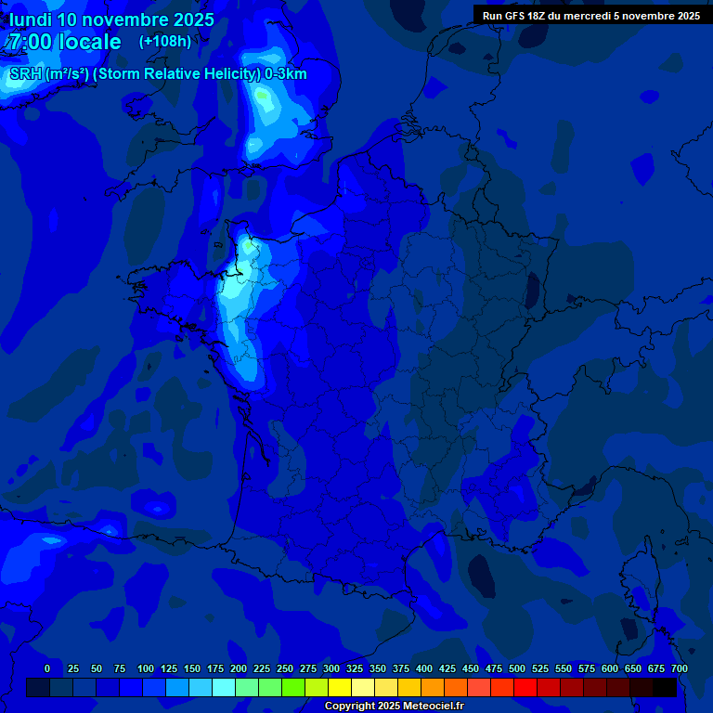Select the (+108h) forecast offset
[x=164, y=42]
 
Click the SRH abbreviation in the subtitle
[x=26, y=74]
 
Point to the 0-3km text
[x=285, y=74]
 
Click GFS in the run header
[x=515, y=16]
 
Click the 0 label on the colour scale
[x=47, y=668]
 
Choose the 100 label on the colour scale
[x=146, y=668]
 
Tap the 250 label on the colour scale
[x=285, y=668]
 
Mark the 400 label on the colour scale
[x=424, y=668]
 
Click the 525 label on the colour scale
[x=540, y=668]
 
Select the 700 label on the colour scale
[x=680, y=668]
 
